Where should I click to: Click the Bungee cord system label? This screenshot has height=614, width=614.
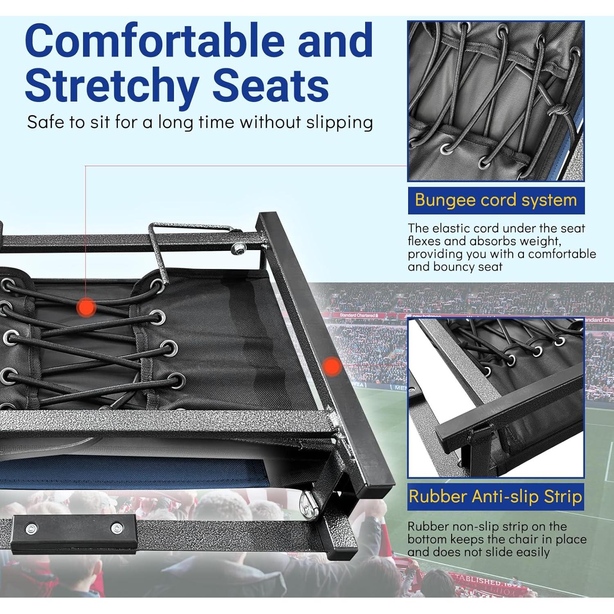point(496,200)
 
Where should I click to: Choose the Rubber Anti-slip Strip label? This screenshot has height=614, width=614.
point(495,497)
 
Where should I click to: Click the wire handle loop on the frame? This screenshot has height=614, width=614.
point(160,250)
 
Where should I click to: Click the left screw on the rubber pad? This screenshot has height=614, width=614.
point(30,528)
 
